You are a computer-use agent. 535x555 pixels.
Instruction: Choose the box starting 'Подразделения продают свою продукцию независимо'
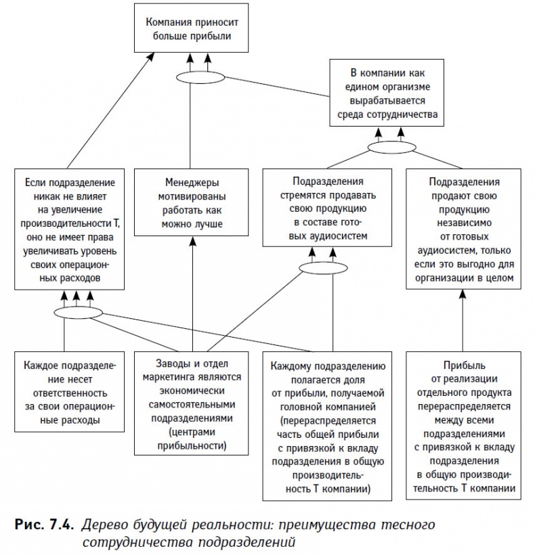tap(464, 230)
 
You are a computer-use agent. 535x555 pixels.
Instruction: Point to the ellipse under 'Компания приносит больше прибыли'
tap(200, 76)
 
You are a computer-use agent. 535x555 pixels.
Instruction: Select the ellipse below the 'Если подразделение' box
tap(77, 311)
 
